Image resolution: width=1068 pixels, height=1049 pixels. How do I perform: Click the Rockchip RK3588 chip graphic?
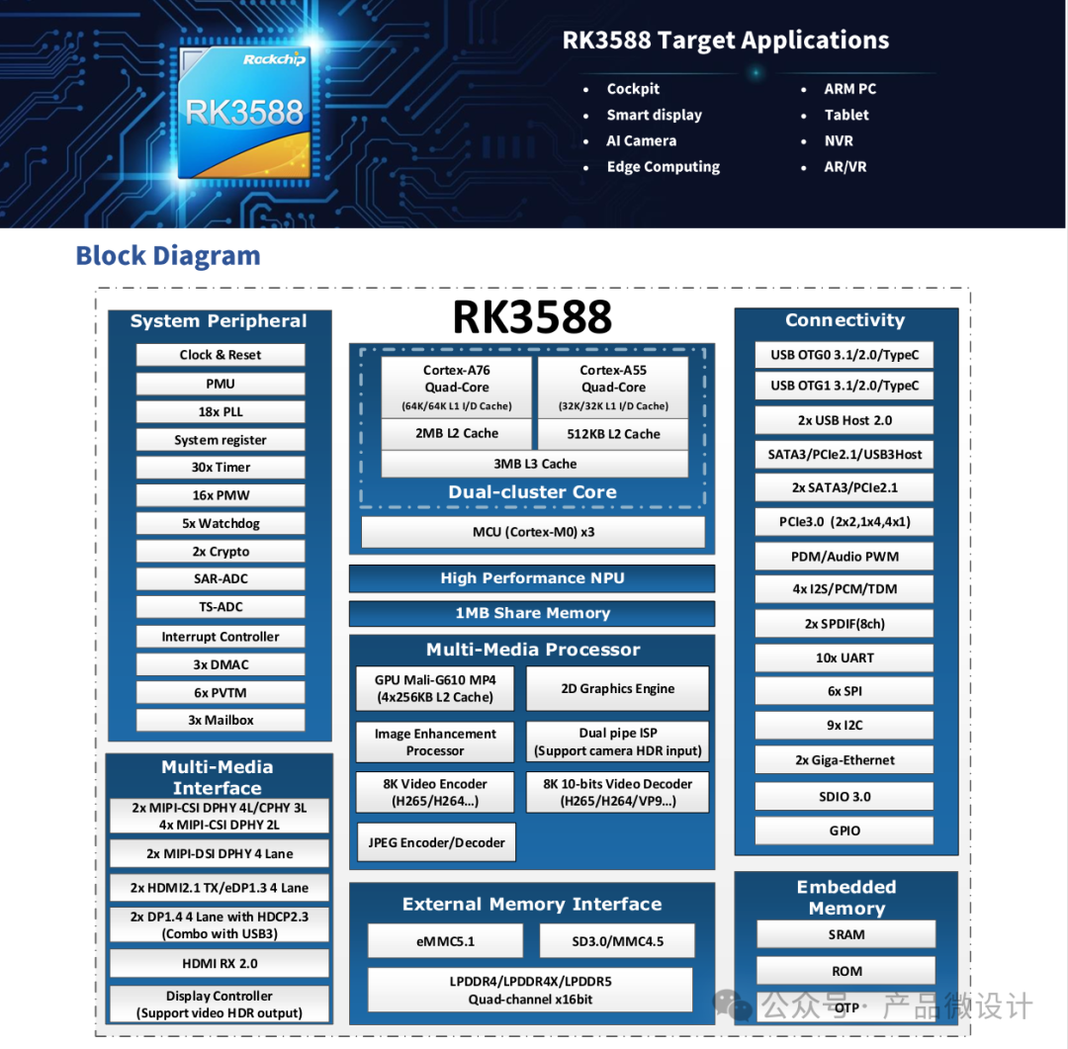(244, 112)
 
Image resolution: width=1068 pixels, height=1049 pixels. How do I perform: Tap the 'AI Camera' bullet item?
(641, 140)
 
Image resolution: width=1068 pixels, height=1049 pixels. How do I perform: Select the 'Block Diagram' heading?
(168, 256)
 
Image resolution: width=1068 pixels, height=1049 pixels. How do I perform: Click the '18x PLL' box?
(220, 411)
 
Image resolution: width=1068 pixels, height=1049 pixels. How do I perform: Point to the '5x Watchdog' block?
(220, 523)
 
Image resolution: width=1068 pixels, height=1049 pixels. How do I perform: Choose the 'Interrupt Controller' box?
(220, 637)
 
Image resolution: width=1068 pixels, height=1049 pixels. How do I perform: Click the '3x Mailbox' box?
(220, 720)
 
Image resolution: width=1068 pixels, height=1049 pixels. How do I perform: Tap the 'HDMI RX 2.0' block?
(219, 963)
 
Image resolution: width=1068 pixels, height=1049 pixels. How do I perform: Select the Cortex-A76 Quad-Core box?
(457, 387)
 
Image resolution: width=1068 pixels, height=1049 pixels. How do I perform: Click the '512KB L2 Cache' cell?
(613, 434)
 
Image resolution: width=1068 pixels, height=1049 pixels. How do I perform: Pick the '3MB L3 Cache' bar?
(534, 464)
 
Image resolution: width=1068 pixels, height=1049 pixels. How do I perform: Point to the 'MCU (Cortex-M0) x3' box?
(533, 532)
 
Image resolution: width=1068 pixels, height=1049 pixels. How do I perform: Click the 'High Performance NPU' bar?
(532, 578)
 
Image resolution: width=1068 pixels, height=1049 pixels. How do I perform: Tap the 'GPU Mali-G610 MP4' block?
(435, 688)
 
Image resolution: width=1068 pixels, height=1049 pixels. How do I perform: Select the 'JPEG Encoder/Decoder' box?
(436, 842)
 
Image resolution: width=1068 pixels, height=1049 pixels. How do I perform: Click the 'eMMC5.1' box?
(445, 941)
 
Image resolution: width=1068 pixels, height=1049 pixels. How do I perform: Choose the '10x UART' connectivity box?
(845, 657)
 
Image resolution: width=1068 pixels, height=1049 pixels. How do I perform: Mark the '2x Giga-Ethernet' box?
(845, 760)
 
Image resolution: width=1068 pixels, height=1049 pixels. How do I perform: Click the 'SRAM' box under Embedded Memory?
(845, 934)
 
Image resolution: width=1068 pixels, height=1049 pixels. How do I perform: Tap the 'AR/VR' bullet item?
(845, 166)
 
